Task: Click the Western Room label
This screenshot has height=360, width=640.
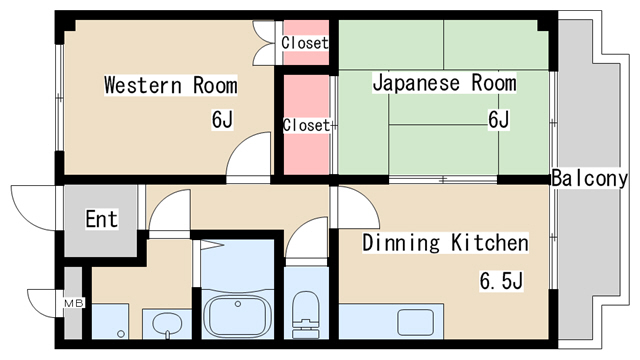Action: tap(171, 84)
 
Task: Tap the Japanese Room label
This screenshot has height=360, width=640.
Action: tap(444, 83)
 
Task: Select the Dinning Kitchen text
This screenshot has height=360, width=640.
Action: tap(444, 243)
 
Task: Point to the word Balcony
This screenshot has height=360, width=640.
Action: tap(589, 179)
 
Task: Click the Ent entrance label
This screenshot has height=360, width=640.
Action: tap(100, 219)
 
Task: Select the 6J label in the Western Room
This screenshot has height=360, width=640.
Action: tap(222, 121)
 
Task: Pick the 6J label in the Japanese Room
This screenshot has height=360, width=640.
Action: tap(498, 121)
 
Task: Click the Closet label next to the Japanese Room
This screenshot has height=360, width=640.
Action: tap(306, 125)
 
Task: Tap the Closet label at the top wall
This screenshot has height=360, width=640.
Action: tap(304, 43)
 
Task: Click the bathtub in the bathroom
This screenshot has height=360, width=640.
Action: tap(238, 316)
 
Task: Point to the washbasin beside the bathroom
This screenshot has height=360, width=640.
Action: tap(167, 323)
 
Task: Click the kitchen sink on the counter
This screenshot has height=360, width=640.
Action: tap(414, 322)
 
